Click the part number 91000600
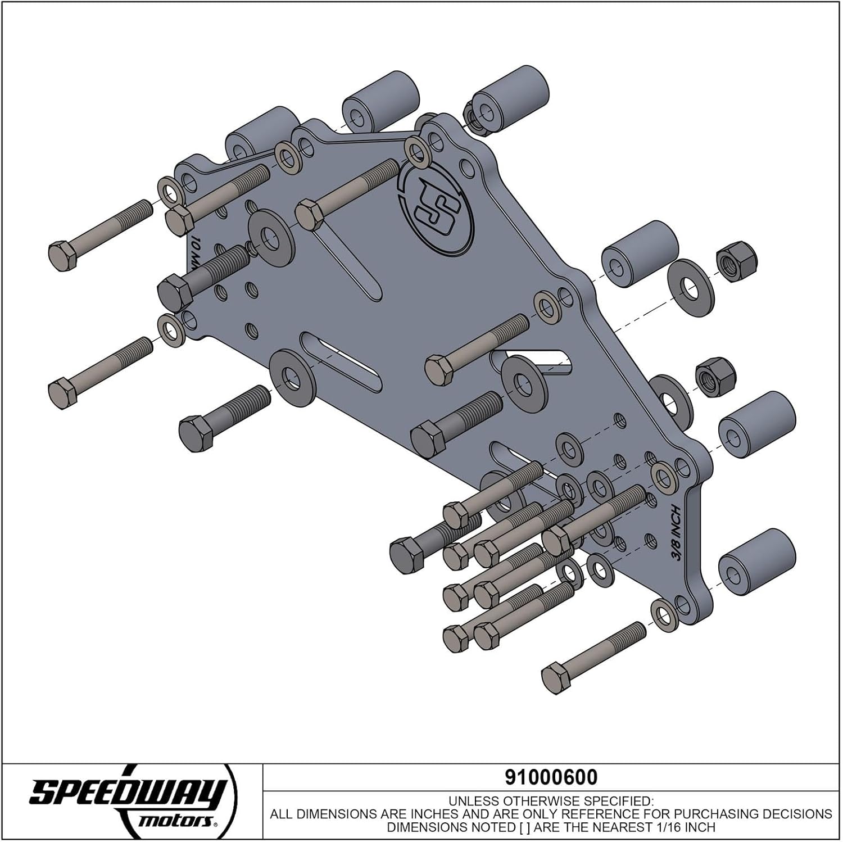coord(551,777)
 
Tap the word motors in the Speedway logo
coord(175,821)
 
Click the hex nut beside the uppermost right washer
coord(736,261)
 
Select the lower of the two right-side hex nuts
coord(713,375)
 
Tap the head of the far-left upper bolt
coord(62,256)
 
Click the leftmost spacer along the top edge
coord(261,138)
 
